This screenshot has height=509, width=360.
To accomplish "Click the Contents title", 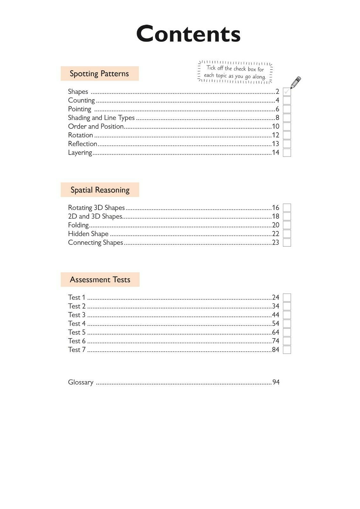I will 188,34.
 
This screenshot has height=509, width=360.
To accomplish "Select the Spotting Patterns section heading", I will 99,73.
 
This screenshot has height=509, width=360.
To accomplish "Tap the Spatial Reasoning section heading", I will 100,190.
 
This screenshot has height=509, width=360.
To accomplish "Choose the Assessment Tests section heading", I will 100,280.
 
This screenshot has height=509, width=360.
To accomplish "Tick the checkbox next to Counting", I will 287,101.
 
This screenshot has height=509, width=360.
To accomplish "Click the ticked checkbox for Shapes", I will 287,92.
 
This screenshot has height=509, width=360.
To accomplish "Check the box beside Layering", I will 287,153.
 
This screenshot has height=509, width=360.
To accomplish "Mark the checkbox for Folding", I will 287,225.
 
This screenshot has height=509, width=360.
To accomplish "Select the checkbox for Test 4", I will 287,324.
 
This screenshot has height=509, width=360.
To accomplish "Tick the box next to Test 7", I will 287,350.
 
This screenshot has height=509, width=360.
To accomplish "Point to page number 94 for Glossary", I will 276,382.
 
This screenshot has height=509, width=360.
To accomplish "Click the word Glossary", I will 81,382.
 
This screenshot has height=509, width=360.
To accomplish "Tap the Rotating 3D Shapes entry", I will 96,208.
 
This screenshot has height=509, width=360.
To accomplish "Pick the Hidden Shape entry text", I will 88,234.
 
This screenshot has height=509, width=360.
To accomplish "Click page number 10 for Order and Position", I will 275,126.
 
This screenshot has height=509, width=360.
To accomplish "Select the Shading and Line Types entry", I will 101,118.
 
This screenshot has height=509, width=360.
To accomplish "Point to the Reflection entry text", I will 82,144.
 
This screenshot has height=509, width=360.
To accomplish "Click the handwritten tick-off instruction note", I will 235,72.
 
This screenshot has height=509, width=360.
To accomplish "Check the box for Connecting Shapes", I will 287,242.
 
